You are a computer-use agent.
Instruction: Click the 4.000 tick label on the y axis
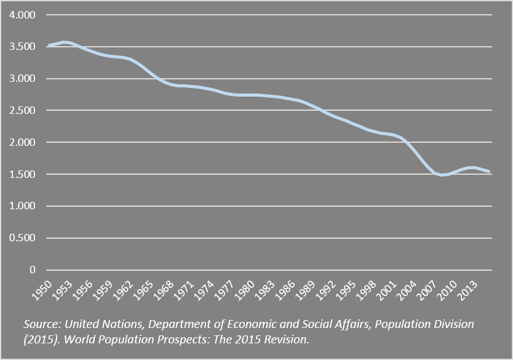point(22,15)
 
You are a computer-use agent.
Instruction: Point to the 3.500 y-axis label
point(22,47)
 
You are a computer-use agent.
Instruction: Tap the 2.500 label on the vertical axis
point(22,110)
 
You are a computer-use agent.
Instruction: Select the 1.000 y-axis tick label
point(22,206)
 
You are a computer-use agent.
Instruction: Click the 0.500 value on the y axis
point(22,238)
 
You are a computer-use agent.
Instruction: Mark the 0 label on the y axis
point(32,270)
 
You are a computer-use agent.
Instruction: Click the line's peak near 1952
point(63,42)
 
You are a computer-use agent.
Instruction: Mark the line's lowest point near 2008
point(442,175)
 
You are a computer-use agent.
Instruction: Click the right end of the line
point(489,171)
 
